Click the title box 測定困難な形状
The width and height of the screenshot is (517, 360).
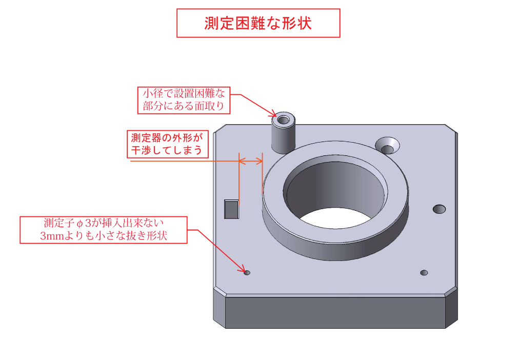coord(258,23)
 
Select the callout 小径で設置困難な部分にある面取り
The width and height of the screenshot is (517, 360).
coord(184,100)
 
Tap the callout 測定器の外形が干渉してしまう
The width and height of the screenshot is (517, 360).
coord(168,144)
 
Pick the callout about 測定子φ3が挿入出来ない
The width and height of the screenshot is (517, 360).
coord(104,230)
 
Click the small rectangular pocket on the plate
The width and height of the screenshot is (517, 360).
coord(231,209)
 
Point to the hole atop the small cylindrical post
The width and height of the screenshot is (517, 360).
coord(283,119)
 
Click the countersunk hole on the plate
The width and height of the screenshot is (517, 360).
coord(387,146)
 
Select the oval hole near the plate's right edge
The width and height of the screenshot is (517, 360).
coord(439,209)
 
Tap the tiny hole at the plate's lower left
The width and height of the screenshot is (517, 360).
coord(247,273)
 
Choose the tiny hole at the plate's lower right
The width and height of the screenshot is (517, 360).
coord(424,273)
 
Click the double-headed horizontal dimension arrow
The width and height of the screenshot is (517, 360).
coord(251,161)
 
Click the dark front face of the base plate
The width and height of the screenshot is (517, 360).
coord(335,312)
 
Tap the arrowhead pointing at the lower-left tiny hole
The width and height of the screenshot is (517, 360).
coord(242,268)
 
